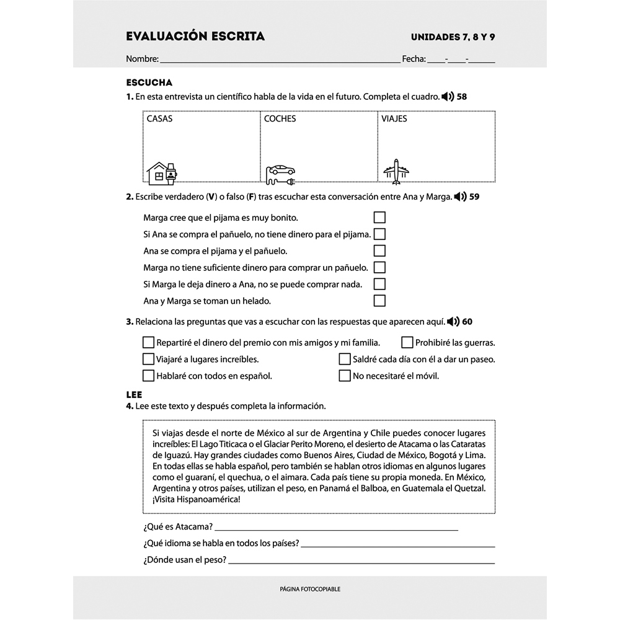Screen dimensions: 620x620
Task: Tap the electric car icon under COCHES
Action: (280, 174)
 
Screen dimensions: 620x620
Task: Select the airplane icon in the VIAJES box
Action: (395, 170)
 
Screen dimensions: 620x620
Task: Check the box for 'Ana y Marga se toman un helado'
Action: (379, 301)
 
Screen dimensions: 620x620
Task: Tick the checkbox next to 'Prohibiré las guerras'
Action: (407, 342)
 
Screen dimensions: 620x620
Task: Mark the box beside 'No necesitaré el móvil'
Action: (345, 376)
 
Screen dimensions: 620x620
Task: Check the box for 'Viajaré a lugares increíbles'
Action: (148, 359)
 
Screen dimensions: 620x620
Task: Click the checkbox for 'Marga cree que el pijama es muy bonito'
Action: (379, 218)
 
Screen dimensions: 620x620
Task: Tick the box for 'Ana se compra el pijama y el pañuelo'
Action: (379, 251)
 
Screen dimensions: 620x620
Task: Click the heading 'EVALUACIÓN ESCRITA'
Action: (195, 37)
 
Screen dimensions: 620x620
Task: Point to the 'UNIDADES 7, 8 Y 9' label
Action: (453, 37)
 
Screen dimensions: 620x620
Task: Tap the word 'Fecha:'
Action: (414, 60)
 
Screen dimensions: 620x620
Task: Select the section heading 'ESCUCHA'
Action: (149, 82)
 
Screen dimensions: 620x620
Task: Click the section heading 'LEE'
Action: (134, 394)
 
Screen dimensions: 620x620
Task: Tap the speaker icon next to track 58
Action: (447, 97)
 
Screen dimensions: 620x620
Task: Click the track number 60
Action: (467, 322)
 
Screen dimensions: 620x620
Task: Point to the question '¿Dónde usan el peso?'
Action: (184, 560)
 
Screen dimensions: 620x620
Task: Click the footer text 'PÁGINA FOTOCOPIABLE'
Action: (310, 589)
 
